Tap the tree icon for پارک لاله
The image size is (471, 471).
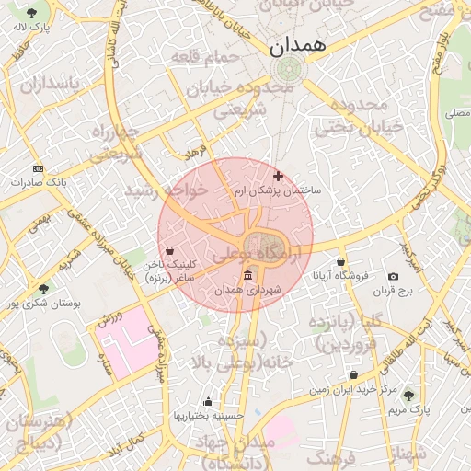[32, 13]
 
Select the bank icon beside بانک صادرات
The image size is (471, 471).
[38, 168]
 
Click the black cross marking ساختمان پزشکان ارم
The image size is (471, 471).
[279, 176]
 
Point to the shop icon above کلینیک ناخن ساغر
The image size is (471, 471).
[170, 250]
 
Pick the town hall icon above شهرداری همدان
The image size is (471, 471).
[247, 277]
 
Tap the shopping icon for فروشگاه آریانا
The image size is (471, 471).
[341, 261]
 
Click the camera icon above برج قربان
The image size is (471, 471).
[394, 277]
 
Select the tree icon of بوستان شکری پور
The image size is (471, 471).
[44, 289]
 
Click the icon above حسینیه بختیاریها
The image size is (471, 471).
[208, 401]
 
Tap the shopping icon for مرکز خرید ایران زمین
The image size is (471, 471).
[354, 375]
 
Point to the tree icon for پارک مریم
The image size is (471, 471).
[408, 395]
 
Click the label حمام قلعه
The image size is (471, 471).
[204, 57]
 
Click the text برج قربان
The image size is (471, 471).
[395, 292]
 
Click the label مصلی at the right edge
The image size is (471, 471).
[456, 114]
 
